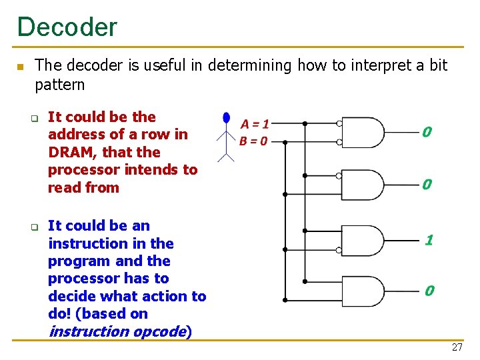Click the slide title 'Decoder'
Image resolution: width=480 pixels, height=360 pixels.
(x=67, y=27)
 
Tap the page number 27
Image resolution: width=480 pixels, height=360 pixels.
(x=457, y=347)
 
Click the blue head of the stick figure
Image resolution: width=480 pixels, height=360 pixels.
(x=227, y=119)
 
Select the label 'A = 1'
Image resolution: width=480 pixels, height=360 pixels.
(x=255, y=124)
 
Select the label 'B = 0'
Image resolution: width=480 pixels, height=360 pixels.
(x=254, y=141)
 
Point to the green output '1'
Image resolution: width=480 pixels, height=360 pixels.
(x=429, y=239)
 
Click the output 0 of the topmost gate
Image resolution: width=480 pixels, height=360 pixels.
(x=427, y=133)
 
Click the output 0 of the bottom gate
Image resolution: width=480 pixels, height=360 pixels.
(x=429, y=291)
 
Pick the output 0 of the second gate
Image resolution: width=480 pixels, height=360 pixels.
(x=427, y=184)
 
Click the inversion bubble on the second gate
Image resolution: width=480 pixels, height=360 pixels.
(x=339, y=176)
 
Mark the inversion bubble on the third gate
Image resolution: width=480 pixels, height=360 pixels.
(x=339, y=251)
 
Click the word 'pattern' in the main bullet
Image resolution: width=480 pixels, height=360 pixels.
(x=60, y=85)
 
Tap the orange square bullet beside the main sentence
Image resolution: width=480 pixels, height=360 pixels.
(x=20, y=67)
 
